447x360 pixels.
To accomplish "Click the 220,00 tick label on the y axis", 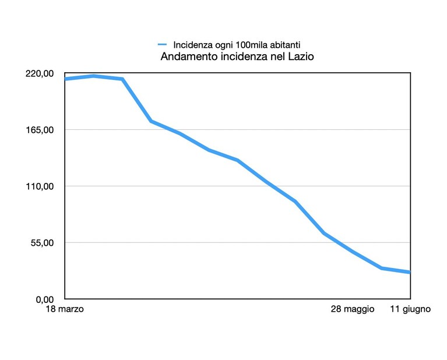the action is tap(40, 73).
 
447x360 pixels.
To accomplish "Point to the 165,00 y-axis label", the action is tap(40, 130).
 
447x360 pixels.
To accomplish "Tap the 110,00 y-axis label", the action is tap(40, 186).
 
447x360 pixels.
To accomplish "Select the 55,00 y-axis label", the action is tap(41, 243).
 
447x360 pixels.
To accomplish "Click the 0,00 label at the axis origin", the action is tap(44, 299).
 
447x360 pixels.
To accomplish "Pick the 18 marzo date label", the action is tap(65, 309).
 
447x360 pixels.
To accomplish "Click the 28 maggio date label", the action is tap(353, 309).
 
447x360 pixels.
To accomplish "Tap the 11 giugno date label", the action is tap(410, 309).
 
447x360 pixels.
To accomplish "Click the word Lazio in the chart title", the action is tap(301, 57).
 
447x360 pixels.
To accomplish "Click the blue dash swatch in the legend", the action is tap(162, 44).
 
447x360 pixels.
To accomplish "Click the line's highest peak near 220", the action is tap(93, 76).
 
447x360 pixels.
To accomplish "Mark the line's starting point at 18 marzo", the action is tap(65, 79).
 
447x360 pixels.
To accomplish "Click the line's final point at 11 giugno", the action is tap(410, 272).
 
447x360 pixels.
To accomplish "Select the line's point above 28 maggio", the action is tap(353, 252).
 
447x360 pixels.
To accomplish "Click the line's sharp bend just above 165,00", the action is tap(151, 121).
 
